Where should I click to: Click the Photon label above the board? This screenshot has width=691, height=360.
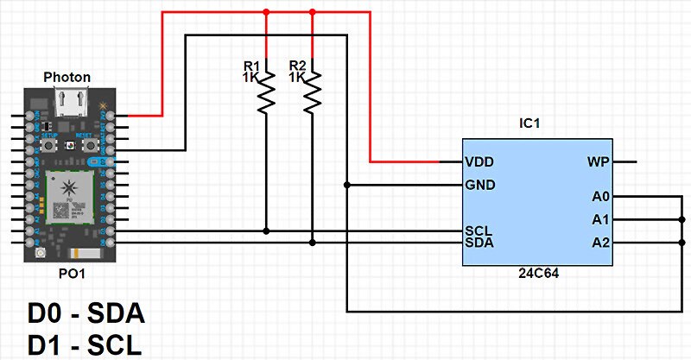67,78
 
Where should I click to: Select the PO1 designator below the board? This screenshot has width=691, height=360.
67,275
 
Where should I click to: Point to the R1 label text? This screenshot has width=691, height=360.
251,66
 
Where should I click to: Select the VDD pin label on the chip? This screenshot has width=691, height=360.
479,161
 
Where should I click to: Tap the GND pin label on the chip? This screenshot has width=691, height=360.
479,185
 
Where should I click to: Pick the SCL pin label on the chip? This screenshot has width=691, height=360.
479,231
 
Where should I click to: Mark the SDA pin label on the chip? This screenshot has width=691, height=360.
479,243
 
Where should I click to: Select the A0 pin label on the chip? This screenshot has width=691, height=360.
601,196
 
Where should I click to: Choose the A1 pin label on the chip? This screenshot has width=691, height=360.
601,219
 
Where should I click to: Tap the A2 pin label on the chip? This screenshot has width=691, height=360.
601,243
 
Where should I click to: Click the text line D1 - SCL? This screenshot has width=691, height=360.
85,344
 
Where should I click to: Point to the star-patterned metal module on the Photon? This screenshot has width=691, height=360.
69,192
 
